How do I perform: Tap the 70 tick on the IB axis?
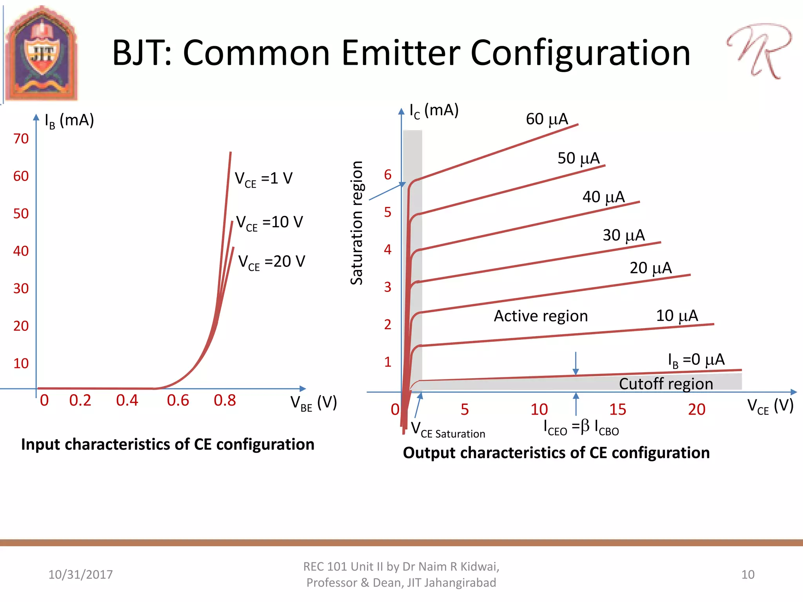pos(21,139)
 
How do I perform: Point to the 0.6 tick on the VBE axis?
pos(178,401)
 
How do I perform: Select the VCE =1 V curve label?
pos(263,179)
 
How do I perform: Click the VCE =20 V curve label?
pos(271,262)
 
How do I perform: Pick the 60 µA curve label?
pos(547,119)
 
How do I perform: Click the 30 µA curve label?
pos(623,236)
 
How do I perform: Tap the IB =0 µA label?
pos(696,360)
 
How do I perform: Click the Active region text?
pos(540,316)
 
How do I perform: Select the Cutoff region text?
pos(666,384)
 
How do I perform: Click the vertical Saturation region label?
pos(356,223)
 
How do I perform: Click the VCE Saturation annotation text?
pos(448,430)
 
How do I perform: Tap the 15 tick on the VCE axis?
pos(618,410)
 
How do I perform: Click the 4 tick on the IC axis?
pos(387,250)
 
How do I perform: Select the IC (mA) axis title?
pos(434,111)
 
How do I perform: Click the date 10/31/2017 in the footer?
pos(80,575)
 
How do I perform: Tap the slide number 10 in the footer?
pos(748,575)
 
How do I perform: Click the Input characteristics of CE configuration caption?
pos(168,444)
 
